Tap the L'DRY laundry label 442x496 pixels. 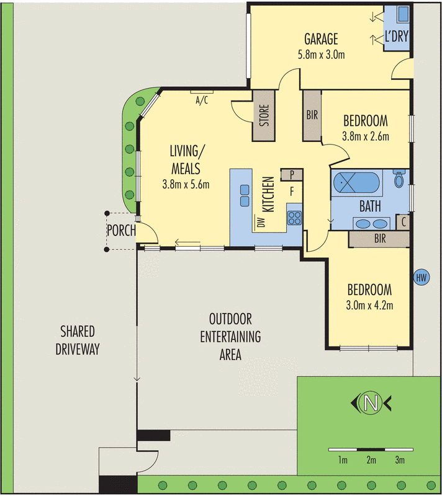coord(397,37)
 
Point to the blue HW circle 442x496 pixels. coord(420,277)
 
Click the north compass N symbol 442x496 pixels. coord(371,404)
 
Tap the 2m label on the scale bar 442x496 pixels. coord(371,460)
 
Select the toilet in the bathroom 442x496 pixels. coord(400,180)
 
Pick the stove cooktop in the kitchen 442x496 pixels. coord(294,218)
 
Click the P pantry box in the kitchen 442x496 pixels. coord(291,175)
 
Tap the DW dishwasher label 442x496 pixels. coord(261,222)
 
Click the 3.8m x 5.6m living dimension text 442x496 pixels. coord(186,184)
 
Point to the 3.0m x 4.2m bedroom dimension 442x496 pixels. coord(369,304)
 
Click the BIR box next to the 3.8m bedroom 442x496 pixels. coord(312,115)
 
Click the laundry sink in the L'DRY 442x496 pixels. coord(402,14)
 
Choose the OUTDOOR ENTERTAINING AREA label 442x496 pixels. coord(230,337)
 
